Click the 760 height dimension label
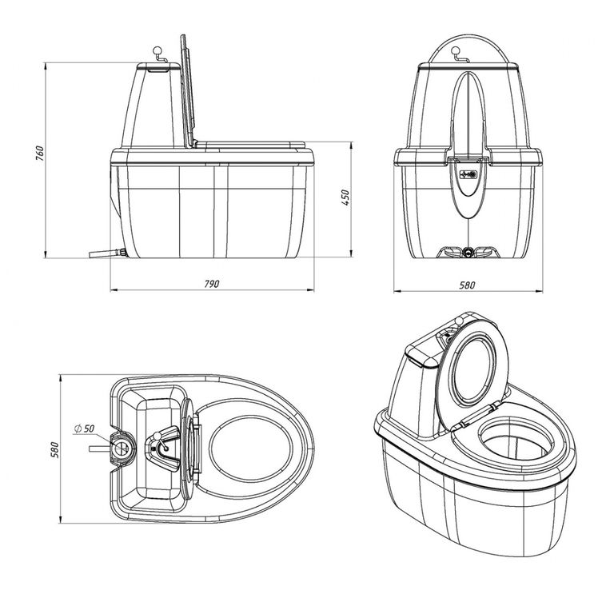[39, 154]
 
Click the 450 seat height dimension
[345, 197]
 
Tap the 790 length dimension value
[212, 284]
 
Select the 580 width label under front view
[467, 285]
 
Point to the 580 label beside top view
[54, 450]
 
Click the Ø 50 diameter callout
[84, 429]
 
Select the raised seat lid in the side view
[188, 90]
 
